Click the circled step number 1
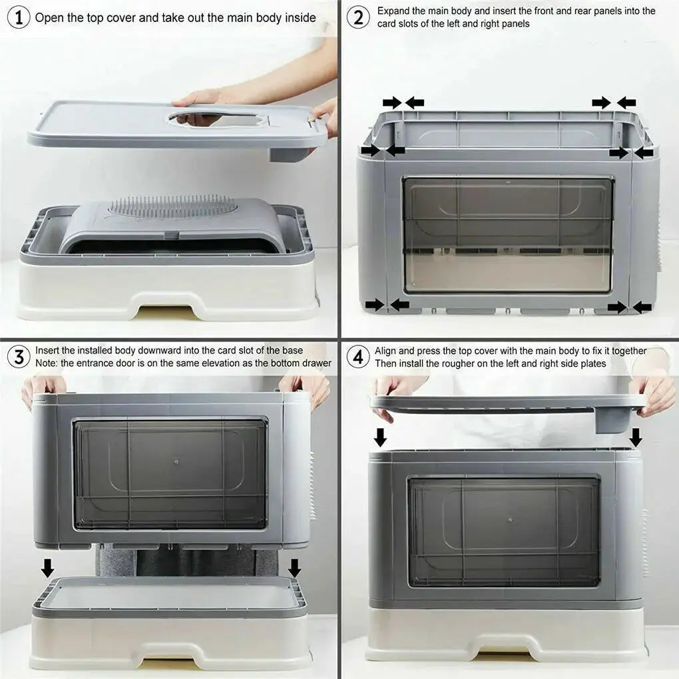pyautogui.click(x=19, y=17)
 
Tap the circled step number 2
pyautogui.click(x=358, y=17)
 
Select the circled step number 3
pyautogui.click(x=19, y=357)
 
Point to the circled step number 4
pyautogui.click(x=358, y=357)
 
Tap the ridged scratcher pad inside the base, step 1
pyautogui.click(x=173, y=206)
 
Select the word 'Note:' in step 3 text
pyautogui.click(x=47, y=363)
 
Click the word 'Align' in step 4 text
pyautogui.click(x=387, y=351)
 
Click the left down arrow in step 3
pyautogui.click(x=47, y=568)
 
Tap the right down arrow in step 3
pyautogui.click(x=294, y=568)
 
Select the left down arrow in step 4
pyautogui.click(x=380, y=437)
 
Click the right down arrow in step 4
pyautogui.click(x=636, y=437)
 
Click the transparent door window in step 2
pyautogui.click(x=508, y=234)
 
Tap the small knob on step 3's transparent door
pyautogui.click(x=176, y=461)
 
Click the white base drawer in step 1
pyautogui.click(x=166, y=293)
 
